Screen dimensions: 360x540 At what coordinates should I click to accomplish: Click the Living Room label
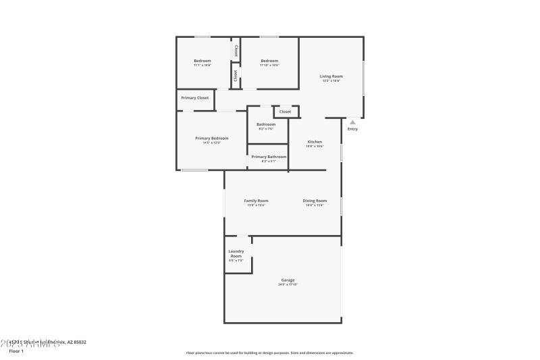click(x=331, y=76)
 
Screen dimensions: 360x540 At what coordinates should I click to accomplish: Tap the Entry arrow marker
click(x=352, y=122)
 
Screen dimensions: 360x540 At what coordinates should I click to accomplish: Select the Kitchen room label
click(x=315, y=142)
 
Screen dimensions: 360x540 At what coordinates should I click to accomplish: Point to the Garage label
click(x=288, y=280)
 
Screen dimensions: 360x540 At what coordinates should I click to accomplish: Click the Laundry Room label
click(x=236, y=254)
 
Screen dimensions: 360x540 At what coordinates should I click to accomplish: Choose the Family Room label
click(x=256, y=201)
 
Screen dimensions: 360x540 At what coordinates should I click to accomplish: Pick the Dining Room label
click(x=315, y=201)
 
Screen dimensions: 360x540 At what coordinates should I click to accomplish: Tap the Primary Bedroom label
click(x=211, y=138)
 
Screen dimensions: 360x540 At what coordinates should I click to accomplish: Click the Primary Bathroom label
click(x=269, y=157)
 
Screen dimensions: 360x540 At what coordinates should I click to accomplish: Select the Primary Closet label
click(x=194, y=98)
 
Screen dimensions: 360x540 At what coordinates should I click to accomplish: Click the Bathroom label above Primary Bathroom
click(x=266, y=124)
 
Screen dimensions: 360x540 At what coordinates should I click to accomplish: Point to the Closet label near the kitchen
click(x=285, y=111)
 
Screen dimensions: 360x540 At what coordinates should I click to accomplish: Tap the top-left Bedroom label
click(x=202, y=61)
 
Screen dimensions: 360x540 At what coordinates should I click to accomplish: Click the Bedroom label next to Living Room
click(x=270, y=61)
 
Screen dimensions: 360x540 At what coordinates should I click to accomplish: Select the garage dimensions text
click(x=288, y=284)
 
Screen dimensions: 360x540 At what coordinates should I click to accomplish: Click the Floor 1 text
click(x=16, y=351)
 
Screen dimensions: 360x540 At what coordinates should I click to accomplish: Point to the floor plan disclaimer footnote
click(x=270, y=353)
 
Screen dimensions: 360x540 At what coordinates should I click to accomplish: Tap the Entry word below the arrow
click(x=352, y=129)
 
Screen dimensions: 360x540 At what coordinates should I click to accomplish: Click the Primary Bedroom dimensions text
click(x=211, y=143)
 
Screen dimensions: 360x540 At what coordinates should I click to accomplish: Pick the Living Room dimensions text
click(x=331, y=81)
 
